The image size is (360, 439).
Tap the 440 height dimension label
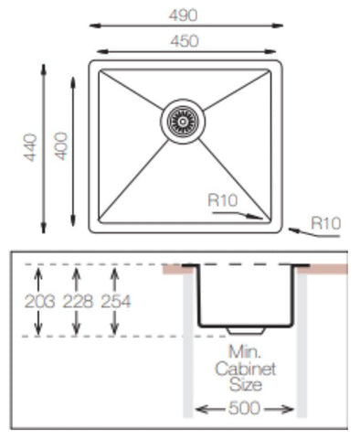[30, 147]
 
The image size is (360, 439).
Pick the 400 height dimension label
[61, 147]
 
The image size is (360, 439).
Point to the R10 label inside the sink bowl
[223, 198]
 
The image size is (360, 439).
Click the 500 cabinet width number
[244, 410]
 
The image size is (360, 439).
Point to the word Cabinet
[245, 369]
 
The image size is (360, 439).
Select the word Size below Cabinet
[245, 385]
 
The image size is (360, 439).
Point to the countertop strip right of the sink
[323, 269]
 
